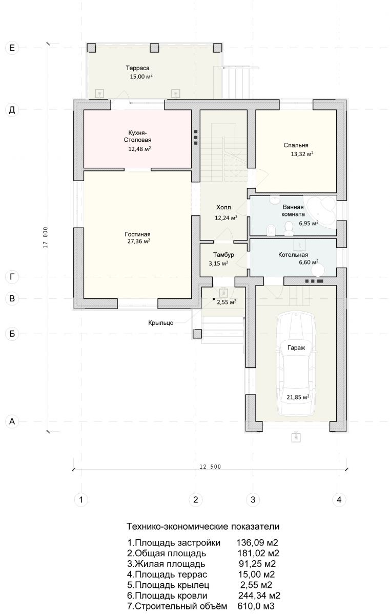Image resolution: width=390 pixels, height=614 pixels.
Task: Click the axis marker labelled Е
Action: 12,48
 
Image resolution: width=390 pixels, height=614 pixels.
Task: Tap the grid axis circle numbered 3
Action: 253,499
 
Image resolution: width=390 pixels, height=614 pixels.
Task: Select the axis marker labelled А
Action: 12,421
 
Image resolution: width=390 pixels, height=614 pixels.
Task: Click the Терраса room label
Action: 137,68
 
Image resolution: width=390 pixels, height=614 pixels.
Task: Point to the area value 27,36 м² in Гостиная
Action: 138,241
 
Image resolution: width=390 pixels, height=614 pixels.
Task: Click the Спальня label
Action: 296,145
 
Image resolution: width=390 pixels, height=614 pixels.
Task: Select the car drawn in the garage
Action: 296,364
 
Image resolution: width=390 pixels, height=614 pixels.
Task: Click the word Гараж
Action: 296,348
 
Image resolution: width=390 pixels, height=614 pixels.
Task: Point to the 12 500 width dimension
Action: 210,467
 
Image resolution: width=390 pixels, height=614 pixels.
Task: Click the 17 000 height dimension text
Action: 46,237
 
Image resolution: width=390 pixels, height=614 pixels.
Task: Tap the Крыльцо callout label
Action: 161,323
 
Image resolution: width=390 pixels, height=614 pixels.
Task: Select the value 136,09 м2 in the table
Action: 257,542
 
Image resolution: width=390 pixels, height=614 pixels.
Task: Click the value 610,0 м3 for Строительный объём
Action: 256,606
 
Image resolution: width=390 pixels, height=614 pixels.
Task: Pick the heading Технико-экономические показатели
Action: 203,527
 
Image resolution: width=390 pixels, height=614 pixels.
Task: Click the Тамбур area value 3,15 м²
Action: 218,264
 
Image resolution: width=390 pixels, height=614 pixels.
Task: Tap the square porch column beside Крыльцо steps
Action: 197,334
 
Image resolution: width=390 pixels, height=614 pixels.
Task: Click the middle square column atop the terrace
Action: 154,48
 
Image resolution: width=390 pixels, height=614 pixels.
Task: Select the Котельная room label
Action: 293,255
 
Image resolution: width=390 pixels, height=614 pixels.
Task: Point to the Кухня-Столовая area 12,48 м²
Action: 140,149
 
